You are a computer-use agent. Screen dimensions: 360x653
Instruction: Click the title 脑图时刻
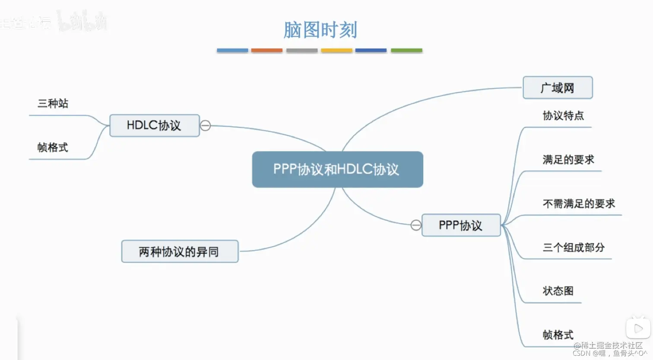click(320, 30)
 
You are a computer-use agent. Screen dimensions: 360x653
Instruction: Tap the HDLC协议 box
click(154, 126)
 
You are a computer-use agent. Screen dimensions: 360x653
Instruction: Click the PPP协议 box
click(460, 225)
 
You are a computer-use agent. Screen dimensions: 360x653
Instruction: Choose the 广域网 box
click(557, 88)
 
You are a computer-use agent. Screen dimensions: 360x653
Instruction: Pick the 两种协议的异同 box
click(179, 252)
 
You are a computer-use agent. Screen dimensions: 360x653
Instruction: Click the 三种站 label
click(53, 104)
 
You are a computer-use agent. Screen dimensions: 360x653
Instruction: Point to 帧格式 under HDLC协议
click(53, 148)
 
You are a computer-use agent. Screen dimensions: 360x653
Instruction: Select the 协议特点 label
click(563, 116)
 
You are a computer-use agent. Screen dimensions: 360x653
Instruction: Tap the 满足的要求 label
click(568, 160)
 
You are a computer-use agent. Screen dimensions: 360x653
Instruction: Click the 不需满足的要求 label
click(579, 204)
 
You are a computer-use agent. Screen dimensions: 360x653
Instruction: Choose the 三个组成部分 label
click(574, 248)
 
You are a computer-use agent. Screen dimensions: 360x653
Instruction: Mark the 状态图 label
click(558, 291)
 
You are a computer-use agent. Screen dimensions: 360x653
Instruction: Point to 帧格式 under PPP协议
click(558, 335)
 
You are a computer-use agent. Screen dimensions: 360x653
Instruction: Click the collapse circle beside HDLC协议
click(206, 125)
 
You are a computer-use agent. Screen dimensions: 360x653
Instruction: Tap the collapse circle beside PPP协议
click(416, 225)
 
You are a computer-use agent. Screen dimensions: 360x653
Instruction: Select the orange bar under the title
click(267, 51)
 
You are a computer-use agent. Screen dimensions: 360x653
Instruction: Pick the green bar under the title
click(406, 51)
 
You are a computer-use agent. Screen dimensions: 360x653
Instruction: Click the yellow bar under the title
click(336, 51)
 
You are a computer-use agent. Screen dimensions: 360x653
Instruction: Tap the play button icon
click(638, 329)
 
